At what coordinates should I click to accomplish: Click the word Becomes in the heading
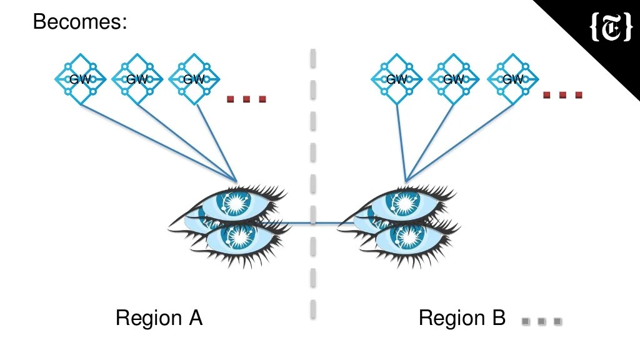coord(79,22)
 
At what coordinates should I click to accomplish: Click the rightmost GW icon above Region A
coord(194,79)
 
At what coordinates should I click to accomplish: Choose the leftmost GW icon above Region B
coord(397,79)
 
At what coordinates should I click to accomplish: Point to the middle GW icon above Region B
coord(454,79)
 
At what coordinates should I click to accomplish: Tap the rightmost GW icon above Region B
coord(512,79)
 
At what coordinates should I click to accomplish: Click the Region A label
coord(159,318)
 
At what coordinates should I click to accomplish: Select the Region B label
coord(462,318)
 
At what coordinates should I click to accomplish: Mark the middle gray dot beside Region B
coord(542,322)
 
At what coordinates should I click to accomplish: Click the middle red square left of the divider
coord(246,99)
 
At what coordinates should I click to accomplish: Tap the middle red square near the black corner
coord(562,95)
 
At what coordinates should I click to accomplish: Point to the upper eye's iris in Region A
coord(236,202)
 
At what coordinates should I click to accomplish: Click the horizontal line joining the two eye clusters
coord(312,222)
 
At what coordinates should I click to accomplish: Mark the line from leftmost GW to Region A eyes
coord(156,141)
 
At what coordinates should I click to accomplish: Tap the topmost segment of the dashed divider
coord(313,58)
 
